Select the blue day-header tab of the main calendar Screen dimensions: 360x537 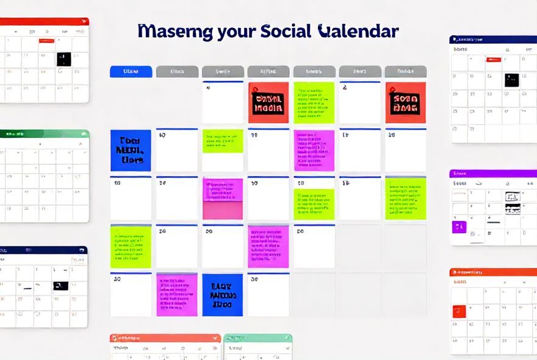tap(131, 71)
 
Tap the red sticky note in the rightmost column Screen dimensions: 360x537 tap(405, 103)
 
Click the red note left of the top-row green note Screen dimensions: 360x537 tap(268, 103)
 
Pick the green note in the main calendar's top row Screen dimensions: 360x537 tap(314, 103)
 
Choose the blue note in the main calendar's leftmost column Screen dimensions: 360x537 tap(131, 150)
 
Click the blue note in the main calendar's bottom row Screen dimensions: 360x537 tap(222, 295)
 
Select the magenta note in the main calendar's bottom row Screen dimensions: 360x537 tap(177, 295)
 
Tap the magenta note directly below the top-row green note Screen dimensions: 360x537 tap(314, 150)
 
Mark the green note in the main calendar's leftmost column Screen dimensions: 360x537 tap(131, 247)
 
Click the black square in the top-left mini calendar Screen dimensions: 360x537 tap(63, 59)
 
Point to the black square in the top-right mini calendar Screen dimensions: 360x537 tap(511, 79)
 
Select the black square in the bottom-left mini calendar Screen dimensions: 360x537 tap(60, 286)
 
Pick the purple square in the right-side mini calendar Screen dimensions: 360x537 tap(458, 227)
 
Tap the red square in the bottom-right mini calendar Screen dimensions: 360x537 tap(459, 311)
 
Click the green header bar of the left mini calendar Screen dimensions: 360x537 tap(44, 134)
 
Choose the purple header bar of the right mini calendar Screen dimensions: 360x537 tap(493, 173)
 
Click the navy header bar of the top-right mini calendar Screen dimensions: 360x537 tap(493, 40)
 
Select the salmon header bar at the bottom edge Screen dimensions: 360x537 tap(165, 337)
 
